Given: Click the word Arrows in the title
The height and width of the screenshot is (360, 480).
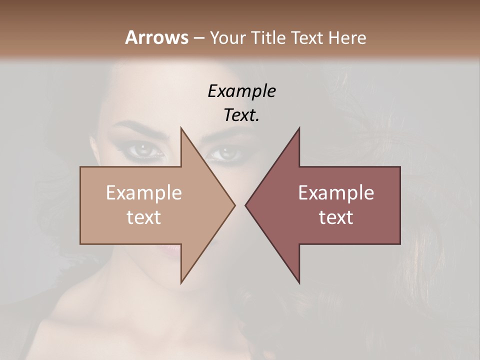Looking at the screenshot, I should click(156, 37).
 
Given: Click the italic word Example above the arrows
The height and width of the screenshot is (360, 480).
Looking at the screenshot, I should click(241, 91).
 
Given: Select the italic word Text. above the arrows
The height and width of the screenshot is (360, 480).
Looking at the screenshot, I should click(241, 115).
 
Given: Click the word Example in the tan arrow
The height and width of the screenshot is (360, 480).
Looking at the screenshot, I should click(144, 193).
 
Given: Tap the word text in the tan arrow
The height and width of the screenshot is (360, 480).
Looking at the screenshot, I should click(144, 217).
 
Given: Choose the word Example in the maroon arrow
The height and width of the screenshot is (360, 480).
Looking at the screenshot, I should click(336, 193).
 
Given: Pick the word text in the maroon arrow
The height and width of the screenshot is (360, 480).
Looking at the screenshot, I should click(336, 217).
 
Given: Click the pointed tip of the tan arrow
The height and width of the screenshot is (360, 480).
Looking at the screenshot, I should click(234, 205).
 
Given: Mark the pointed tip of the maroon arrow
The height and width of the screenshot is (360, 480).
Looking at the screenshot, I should click(246, 205).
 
